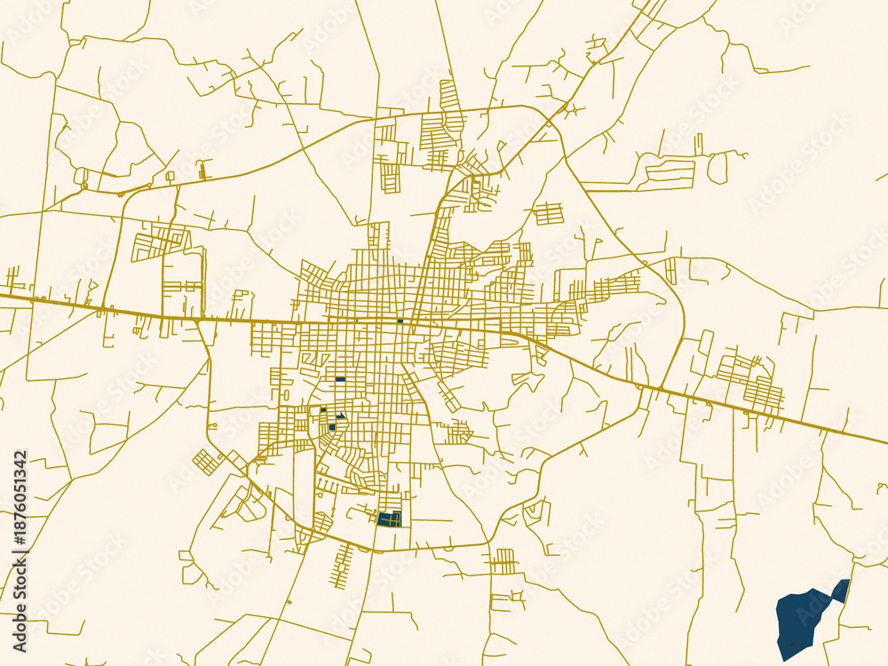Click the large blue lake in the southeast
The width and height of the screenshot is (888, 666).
coord(801,622)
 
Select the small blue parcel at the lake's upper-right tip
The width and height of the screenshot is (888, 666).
coord(841,589)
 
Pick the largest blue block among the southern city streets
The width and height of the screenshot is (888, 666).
coord(388,519)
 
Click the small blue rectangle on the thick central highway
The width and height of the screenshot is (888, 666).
coord(400,321)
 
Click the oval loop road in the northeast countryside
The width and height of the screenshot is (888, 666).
coord(718,168)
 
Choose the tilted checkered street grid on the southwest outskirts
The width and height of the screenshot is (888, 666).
coord(207,462)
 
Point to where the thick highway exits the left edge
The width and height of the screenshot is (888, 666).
coord(3,295)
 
